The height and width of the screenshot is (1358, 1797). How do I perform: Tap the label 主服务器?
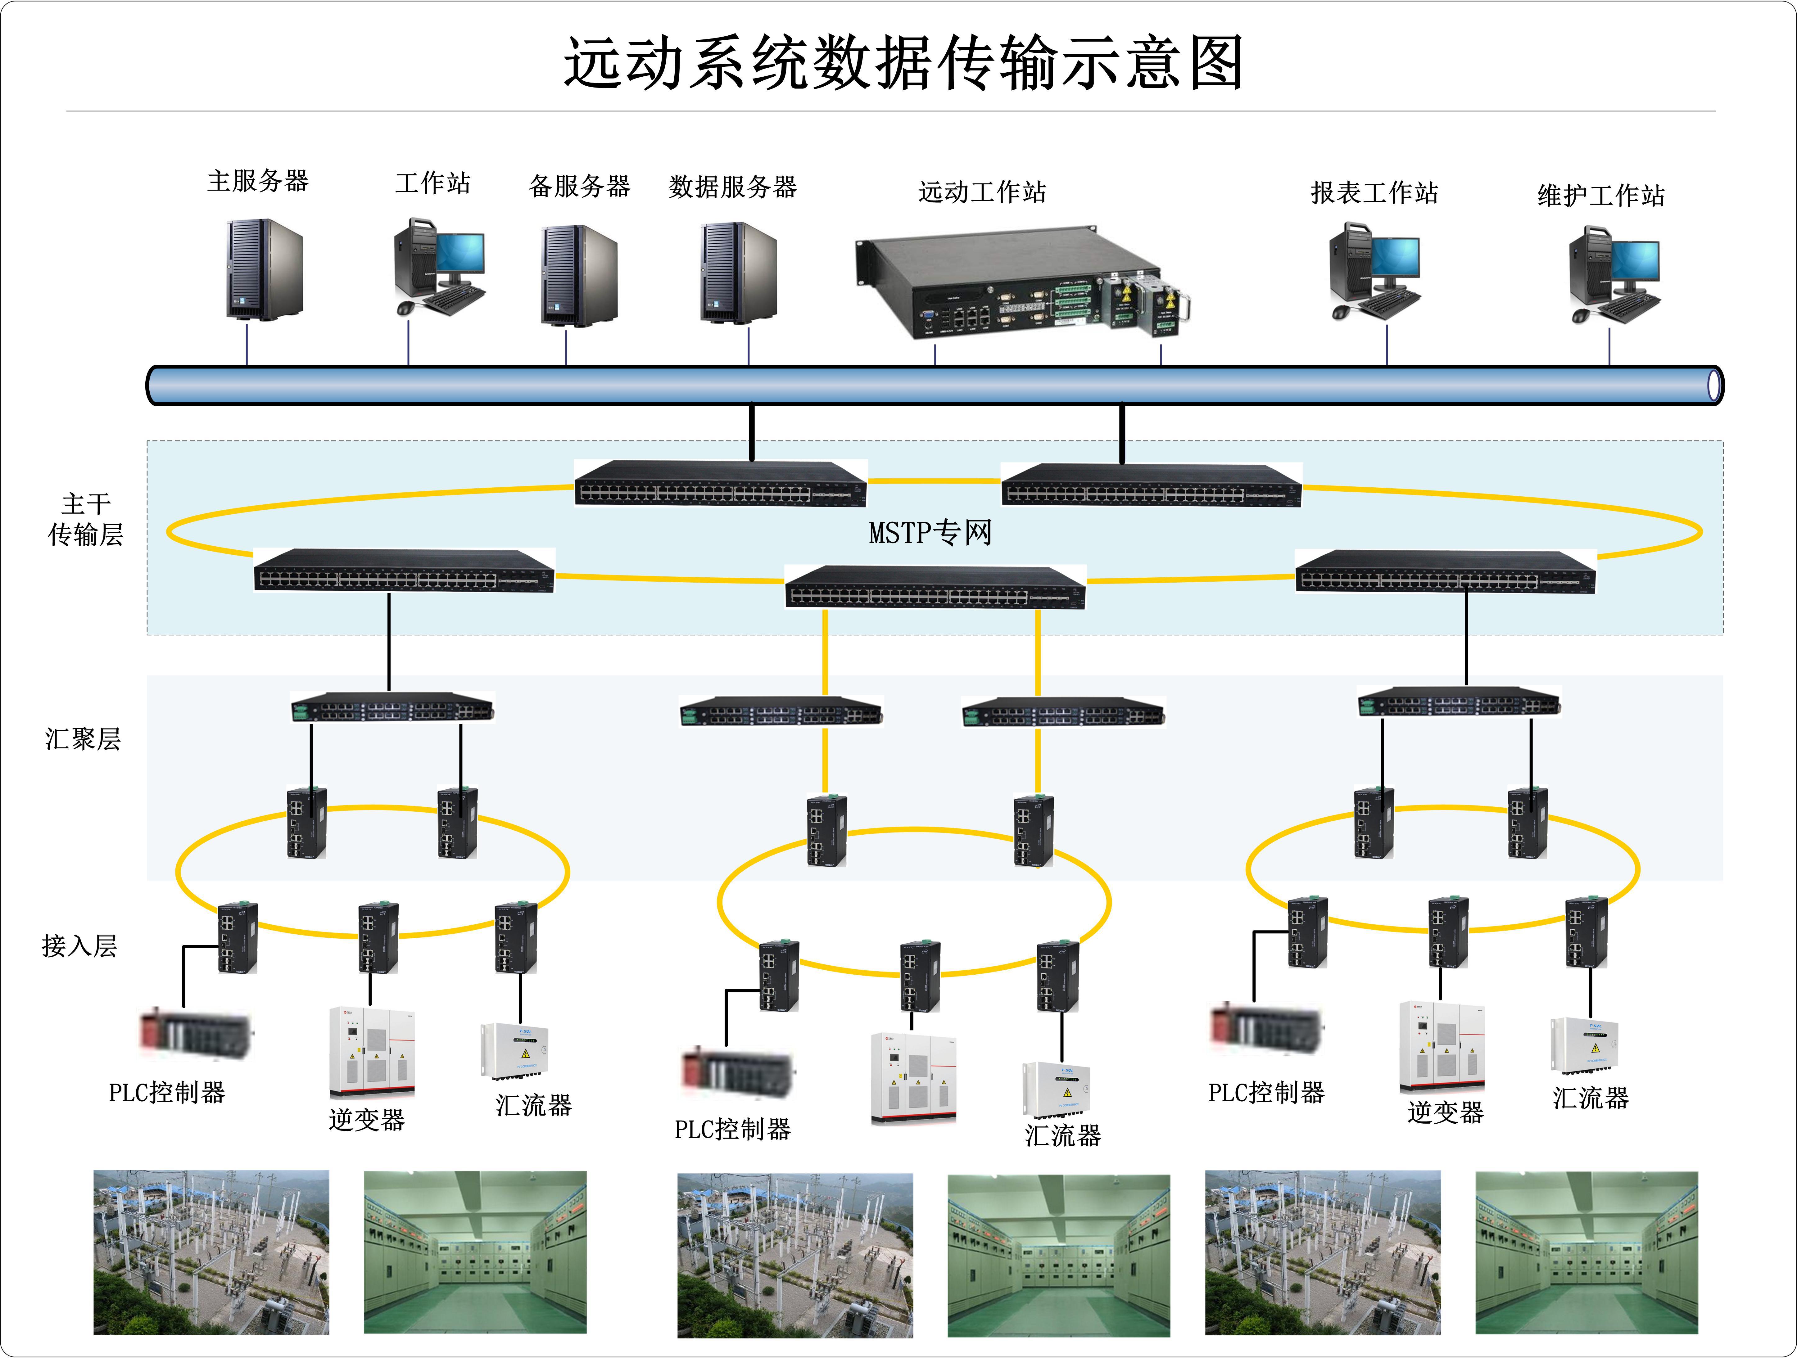click(257, 180)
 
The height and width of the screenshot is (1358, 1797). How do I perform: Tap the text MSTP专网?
click(930, 533)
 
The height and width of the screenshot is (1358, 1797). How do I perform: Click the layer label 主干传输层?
click(85, 519)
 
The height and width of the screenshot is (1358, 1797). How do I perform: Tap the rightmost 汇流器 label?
click(1590, 1097)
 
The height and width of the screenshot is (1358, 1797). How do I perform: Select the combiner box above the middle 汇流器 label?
click(1056, 1088)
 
